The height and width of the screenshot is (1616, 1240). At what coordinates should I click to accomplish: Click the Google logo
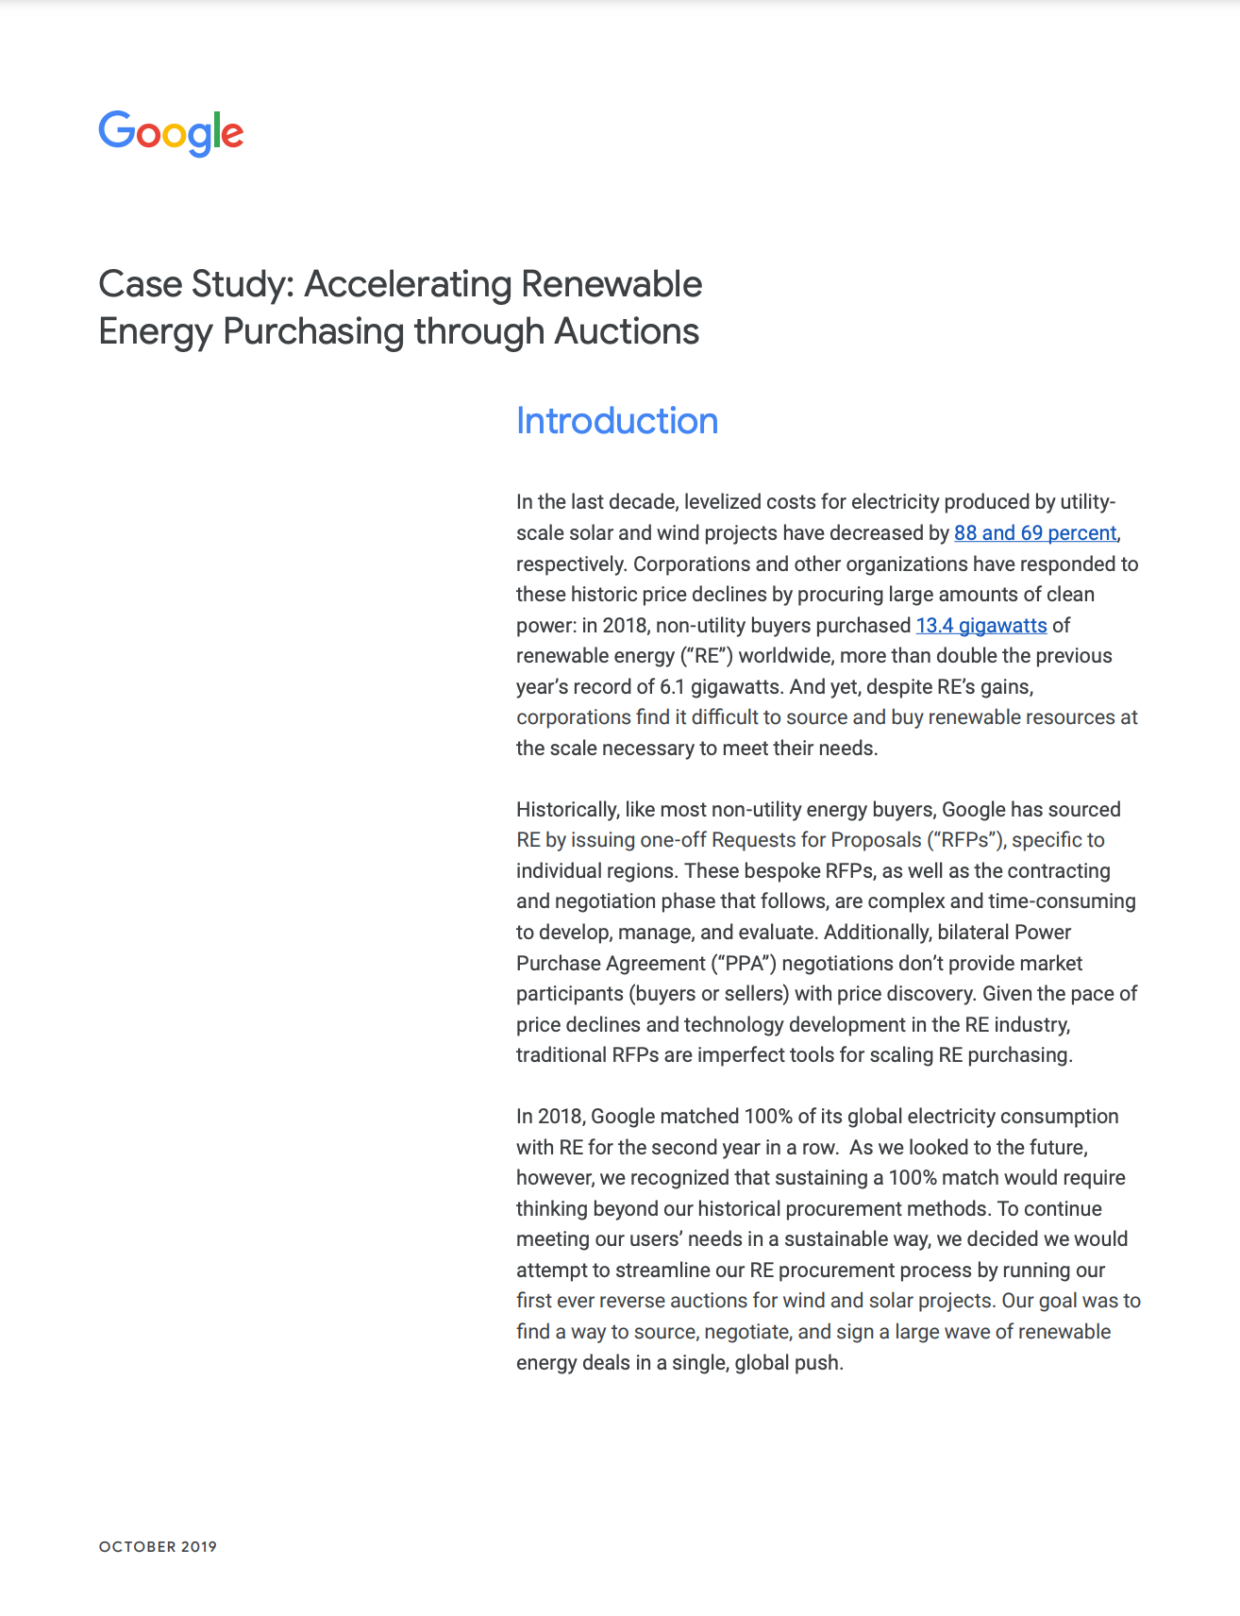[171, 133]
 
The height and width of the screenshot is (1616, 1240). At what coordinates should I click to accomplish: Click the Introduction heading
[616, 421]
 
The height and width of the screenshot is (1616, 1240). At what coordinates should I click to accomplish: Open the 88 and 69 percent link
[1034, 533]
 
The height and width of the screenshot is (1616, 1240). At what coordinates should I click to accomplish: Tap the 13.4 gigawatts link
[980, 626]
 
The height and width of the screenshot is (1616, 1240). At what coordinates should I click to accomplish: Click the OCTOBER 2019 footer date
[158, 1547]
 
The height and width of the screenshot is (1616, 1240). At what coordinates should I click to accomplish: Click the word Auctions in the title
[627, 332]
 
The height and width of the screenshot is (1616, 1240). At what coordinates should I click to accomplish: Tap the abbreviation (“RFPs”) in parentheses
[966, 840]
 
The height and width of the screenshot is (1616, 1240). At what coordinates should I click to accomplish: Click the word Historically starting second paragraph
[567, 810]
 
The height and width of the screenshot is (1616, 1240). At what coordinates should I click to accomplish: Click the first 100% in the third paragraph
[767, 1117]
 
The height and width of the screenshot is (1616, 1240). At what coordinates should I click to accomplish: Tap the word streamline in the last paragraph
[662, 1271]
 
